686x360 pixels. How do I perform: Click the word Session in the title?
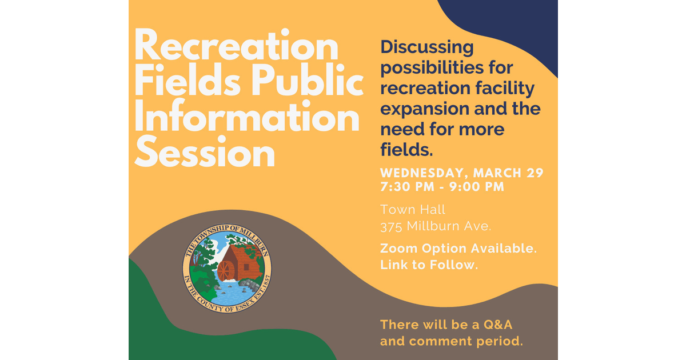(x=205, y=153)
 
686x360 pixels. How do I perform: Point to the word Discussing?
(x=427, y=47)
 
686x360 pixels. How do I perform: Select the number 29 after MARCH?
(x=535, y=173)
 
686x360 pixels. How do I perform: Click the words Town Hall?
(x=413, y=210)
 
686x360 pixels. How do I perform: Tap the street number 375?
(x=392, y=226)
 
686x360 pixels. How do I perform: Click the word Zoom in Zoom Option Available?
(x=399, y=249)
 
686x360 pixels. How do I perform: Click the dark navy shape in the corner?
(x=514, y=23)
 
